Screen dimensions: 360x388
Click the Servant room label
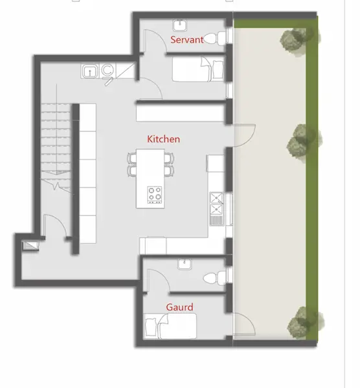(x=187, y=39)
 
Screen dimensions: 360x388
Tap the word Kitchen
(x=164, y=139)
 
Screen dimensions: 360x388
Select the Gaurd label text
(x=179, y=307)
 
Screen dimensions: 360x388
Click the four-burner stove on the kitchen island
(x=155, y=195)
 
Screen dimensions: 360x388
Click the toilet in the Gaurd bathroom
(x=214, y=278)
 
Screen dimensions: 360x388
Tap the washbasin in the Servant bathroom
(x=179, y=25)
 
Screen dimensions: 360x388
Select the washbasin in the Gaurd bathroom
(x=185, y=264)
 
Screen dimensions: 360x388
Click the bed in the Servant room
(x=198, y=69)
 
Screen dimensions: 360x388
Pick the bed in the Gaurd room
(x=170, y=326)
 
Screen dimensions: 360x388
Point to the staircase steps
(x=56, y=144)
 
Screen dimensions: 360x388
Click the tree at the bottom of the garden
(x=305, y=322)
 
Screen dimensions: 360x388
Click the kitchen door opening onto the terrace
(x=244, y=136)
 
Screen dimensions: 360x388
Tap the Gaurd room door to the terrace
(x=244, y=324)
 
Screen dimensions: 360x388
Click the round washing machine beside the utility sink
(x=107, y=70)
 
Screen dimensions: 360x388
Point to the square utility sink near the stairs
(x=90, y=71)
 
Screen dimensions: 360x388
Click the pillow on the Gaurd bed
(x=151, y=327)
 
